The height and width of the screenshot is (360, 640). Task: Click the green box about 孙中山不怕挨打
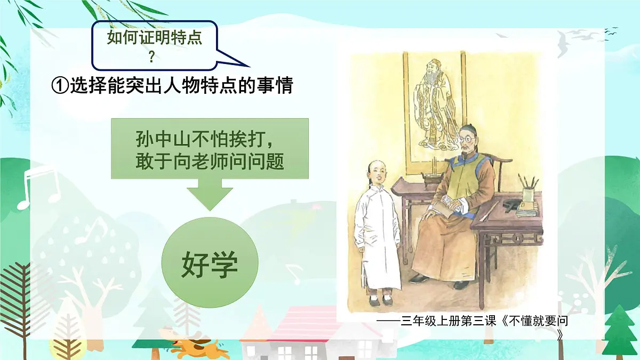coord(210,149)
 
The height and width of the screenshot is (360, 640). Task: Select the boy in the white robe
coord(377,235)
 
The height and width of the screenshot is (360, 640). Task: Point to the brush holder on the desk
coord(528,193)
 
